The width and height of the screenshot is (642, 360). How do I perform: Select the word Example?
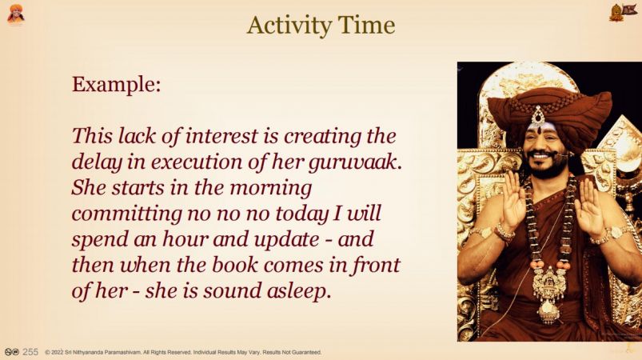coord(116,85)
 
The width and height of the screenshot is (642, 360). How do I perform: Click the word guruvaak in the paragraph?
coord(354,162)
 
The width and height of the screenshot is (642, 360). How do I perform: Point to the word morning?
coord(271,188)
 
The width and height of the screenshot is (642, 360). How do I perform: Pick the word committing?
coord(126,214)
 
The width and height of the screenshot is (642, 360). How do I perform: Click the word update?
coord(286,239)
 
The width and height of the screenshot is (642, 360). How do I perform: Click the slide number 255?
coord(30,352)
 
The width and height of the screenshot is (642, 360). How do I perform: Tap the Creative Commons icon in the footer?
coord(12,352)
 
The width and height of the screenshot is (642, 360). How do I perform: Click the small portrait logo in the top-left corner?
coord(16,14)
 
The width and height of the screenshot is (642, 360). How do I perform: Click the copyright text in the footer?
coord(183,352)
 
